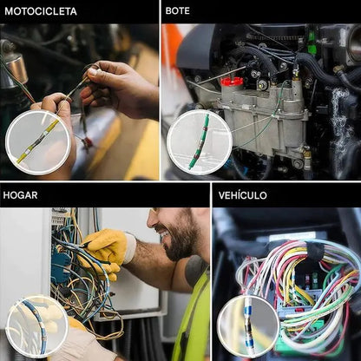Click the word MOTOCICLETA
tap(41, 11)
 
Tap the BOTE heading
tap(178, 10)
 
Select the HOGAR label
tap(20, 195)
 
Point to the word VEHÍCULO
tap(242, 195)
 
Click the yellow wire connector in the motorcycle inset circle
tap(38, 141)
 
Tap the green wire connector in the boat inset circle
tap(199, 141)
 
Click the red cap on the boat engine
tap(231, 82)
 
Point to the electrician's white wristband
tap(130, 248)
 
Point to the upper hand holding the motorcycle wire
tap(119, 89)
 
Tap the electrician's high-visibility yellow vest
tap(194, 315)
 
